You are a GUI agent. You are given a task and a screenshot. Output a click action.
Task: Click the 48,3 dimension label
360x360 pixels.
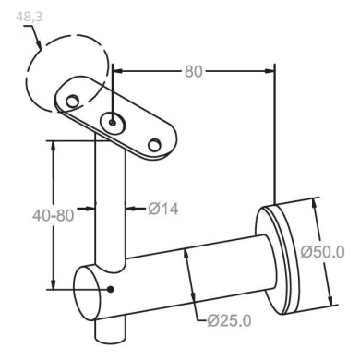pos(30,17)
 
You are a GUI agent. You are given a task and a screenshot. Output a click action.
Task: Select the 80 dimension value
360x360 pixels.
pos(194,71)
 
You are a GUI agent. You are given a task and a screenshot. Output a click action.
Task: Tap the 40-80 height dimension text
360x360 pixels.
pos(54,215)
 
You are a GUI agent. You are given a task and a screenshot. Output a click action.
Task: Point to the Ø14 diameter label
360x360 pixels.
pos(163,209)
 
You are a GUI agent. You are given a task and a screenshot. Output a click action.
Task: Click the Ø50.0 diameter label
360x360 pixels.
pos(322,252)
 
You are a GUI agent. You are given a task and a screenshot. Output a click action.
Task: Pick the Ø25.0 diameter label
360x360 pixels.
pos(229,321)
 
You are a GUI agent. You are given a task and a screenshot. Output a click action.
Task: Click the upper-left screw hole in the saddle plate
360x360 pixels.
pos(72,101)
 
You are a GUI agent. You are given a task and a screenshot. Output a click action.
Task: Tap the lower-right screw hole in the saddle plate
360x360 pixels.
pos(154,145)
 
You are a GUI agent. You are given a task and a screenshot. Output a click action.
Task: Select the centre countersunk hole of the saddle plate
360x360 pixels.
pos(114,123)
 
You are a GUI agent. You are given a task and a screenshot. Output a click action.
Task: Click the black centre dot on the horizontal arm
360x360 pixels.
pos(111,289)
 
